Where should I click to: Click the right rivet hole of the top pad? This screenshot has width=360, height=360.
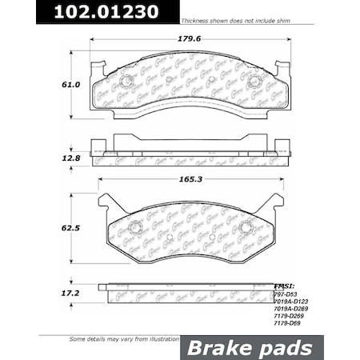(x=255, y=82)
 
